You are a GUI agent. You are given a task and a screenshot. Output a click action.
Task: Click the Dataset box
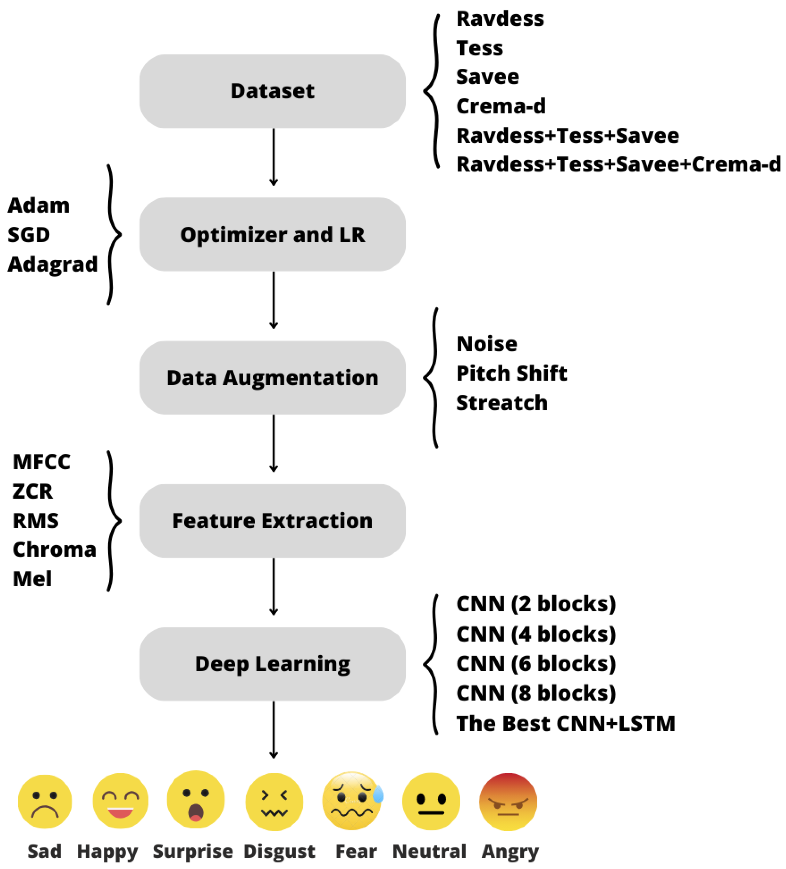click(272, 91)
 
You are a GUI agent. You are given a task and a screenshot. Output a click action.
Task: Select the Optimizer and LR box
click(272, 235)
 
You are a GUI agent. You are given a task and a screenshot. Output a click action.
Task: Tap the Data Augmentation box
click(272, 378)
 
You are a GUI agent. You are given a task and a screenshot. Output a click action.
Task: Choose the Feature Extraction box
click(272, 521)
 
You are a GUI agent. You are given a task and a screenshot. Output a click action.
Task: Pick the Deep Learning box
click(272, 664)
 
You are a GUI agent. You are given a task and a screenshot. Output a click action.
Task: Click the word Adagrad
click(53, 264)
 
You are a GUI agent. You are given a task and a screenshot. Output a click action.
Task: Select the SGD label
click(28, 235)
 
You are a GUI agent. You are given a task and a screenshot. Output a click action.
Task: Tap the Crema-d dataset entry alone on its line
click(501, 106)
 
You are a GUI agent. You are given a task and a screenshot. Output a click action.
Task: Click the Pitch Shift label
click(511, 373)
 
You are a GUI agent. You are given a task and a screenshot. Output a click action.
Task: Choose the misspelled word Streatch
click(502, 403)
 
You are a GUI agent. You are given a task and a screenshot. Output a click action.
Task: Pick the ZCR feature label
click(32, 491)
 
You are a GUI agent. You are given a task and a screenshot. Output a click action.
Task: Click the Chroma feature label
click(54, 550)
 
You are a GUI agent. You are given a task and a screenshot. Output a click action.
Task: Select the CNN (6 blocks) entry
click(536, 664)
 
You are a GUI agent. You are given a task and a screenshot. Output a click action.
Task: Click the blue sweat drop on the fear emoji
click(378, 795)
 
